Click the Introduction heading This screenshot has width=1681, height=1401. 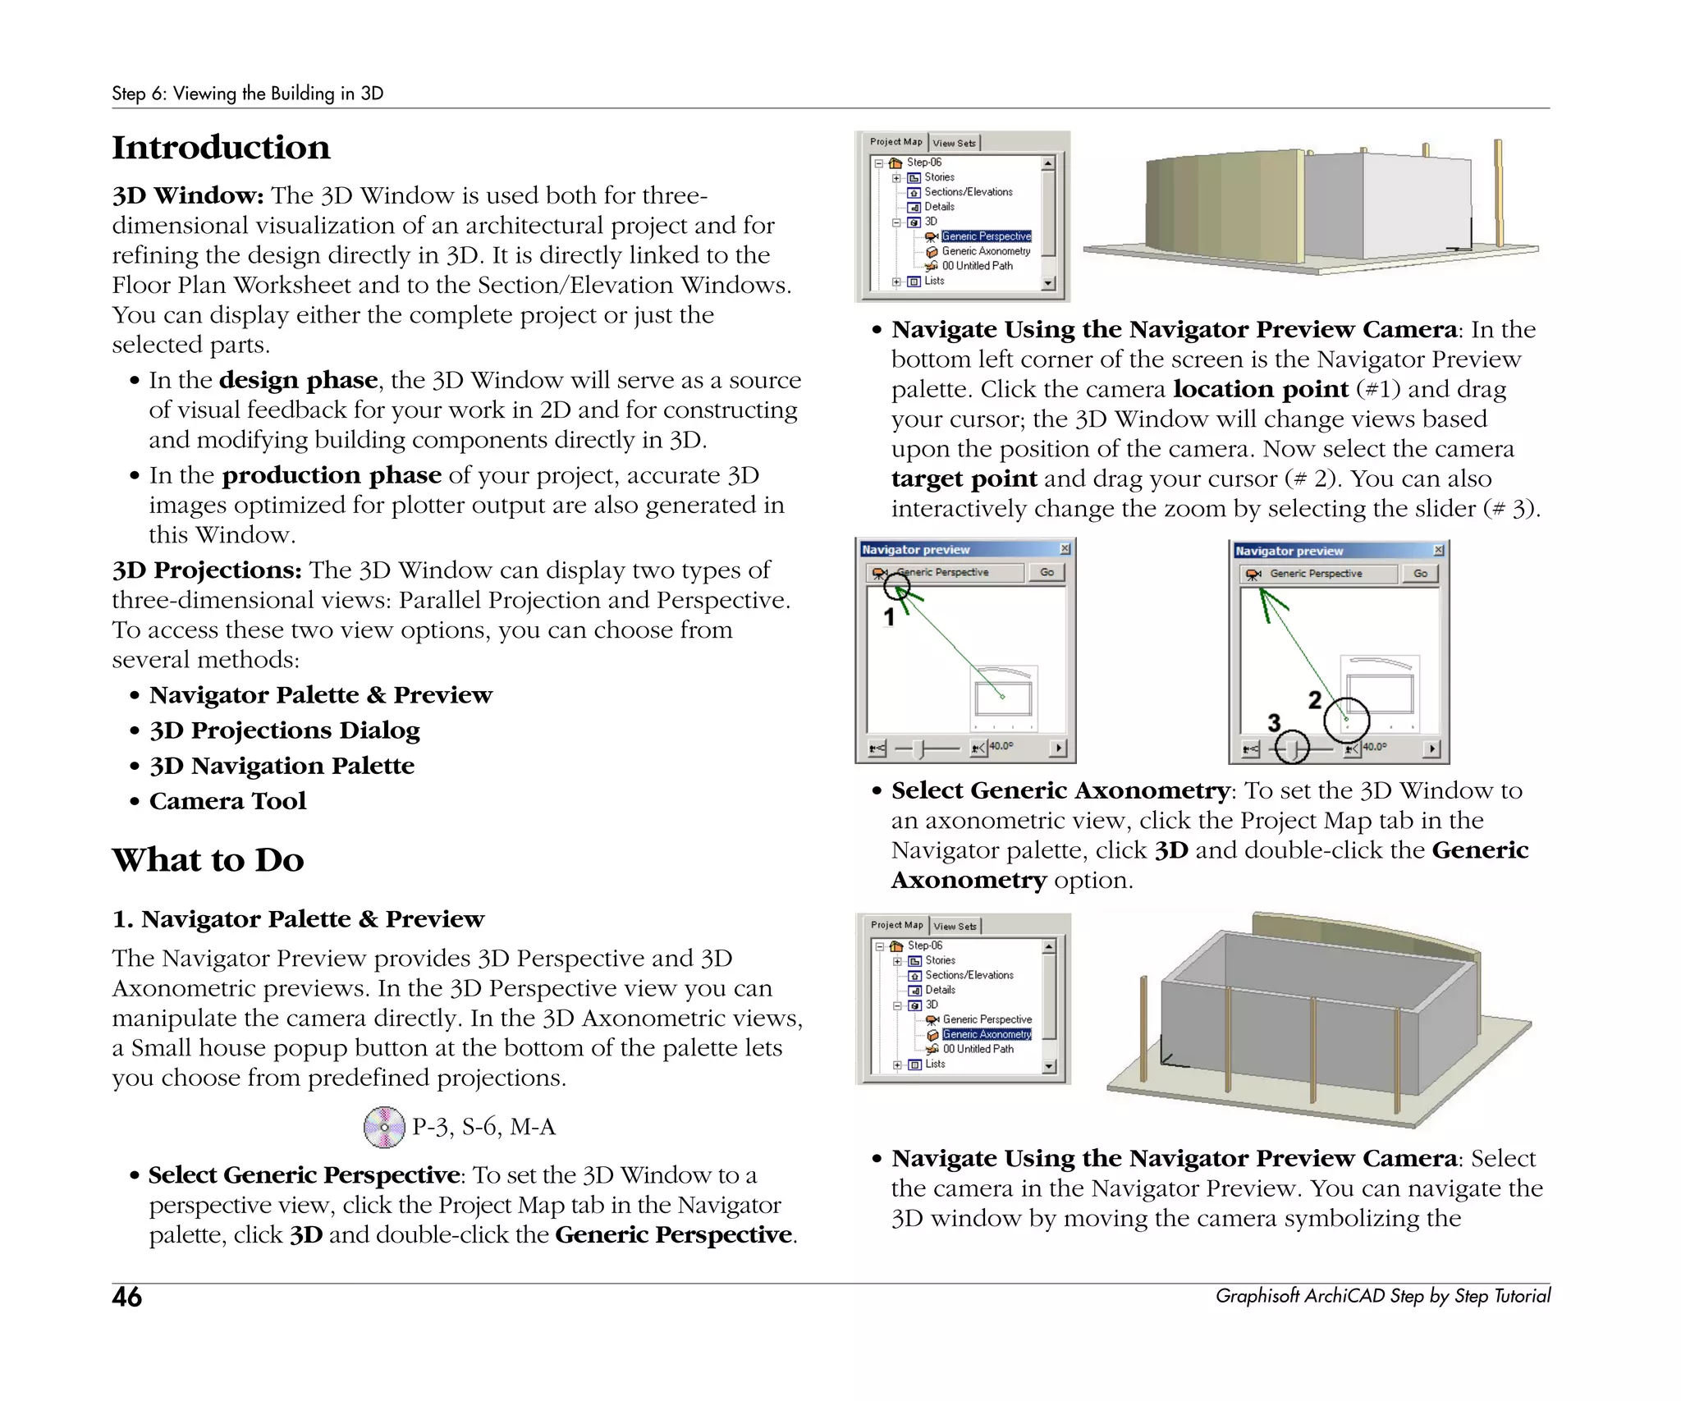coord(221,148)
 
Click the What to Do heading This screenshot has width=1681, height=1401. coord(208,860)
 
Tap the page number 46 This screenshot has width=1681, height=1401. coord(126,1297)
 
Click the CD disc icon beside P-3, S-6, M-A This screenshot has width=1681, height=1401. coord(384,1127)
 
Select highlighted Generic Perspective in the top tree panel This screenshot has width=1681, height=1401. coord(986,236)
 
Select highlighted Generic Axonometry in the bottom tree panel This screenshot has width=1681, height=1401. coord(987,1034)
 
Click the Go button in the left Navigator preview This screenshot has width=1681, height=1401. coord(1047,572)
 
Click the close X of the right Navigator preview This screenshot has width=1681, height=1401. coord(1438,550)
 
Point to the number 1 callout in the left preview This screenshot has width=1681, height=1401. coord(888,617)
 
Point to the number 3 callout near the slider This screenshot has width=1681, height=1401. coord(1274,722)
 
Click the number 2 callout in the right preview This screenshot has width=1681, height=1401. coord(1315,699)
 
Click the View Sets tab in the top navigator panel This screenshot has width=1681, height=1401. coord(954,143)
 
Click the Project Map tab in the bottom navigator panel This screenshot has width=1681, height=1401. coord(896,925)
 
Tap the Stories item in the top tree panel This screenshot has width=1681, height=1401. coord(939,177)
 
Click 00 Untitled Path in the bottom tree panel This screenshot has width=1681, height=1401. coord(978,1049)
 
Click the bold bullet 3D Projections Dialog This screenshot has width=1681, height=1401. coord(284,730)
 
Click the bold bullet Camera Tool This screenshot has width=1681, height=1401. coord(227,801)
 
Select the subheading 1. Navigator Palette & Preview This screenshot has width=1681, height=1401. coord(298,919)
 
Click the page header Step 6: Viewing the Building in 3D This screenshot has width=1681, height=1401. coord(247,94)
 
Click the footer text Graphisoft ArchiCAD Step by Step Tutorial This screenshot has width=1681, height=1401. coord(1382,1296)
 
